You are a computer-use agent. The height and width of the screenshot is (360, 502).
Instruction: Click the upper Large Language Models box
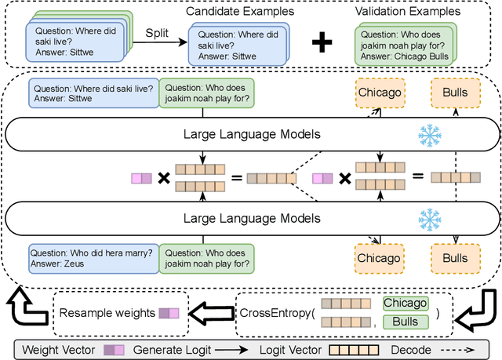tap(251, 134)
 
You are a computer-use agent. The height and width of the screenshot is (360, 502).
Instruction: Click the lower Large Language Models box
tap(251, 216)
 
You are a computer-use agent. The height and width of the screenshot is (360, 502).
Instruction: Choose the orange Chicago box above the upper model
tap(379, 93)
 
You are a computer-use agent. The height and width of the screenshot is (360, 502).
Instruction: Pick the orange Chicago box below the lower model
tap(379, 235)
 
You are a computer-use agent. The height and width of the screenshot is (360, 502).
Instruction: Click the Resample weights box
tap(119, 291)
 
